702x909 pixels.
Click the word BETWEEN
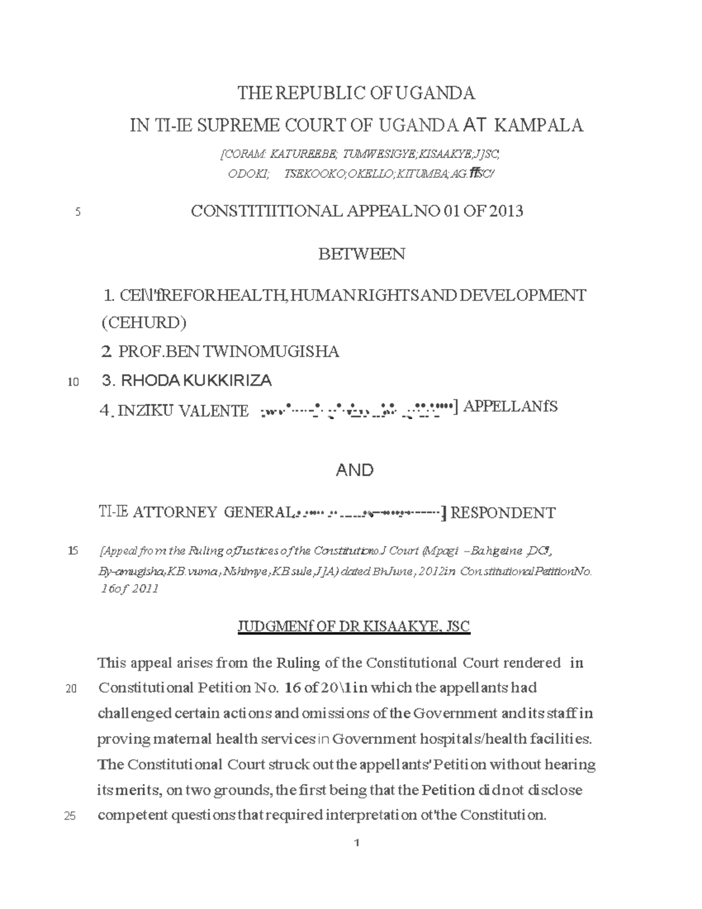pyautogui.click(x=362, y=254)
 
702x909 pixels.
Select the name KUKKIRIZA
pyautogui.click(x=227, y=380)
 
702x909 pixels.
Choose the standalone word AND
pyautogui.click(x=355, y=470)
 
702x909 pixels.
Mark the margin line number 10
pyautogui.click(x=73, y=383)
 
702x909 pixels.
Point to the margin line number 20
pyautogui.click(x=73, y=689)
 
